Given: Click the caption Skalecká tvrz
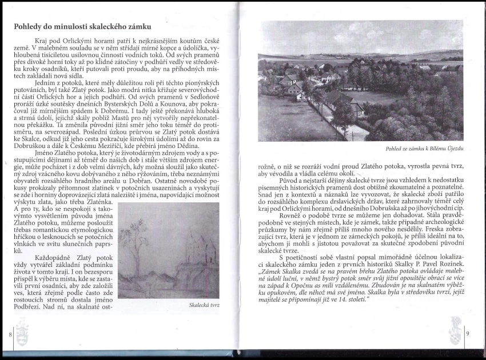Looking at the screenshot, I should click(204, 305).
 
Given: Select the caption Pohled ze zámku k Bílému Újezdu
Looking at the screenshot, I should click(424, 149).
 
